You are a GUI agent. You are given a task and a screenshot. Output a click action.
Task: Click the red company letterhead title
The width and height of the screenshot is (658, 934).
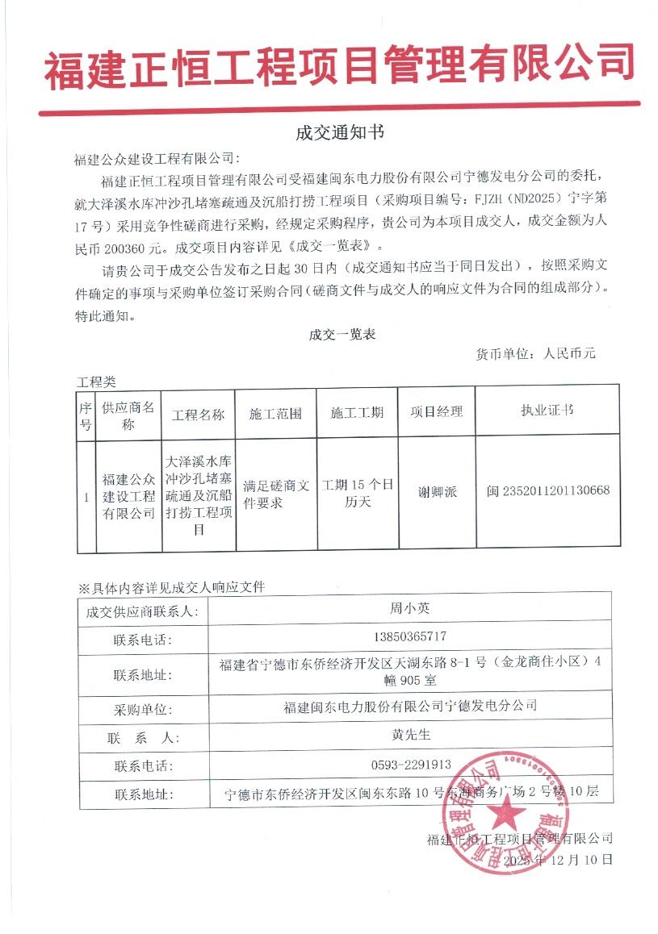click(339, 65)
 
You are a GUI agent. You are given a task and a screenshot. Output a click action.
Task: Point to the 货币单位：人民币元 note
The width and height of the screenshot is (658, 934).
click(535, 354)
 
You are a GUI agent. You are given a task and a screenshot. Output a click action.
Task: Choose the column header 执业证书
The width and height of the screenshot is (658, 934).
click(547, 411)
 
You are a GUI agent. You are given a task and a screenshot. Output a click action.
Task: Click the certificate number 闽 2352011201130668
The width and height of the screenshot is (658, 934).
click(548, 490)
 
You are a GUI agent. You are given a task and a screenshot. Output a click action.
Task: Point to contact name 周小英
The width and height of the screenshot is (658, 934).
click(409, 610)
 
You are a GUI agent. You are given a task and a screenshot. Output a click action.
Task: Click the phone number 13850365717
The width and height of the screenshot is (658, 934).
click(409, 636)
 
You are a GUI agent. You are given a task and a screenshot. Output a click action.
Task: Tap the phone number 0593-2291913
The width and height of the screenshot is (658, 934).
click(409, 764)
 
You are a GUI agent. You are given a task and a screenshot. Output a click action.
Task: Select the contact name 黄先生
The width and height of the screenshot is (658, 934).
click(409, 736)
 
